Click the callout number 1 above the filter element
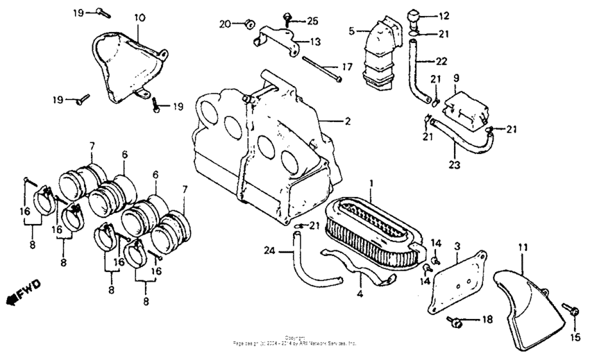point(371,183)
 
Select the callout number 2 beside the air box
point(347,121)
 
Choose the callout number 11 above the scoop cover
point(523,247)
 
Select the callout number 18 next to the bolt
point(487,319)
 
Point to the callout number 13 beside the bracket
point(315,42)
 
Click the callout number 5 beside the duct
point(352,31)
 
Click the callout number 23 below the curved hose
point(455,165)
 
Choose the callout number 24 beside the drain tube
point(269,250)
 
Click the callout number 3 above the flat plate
point(457,246)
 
